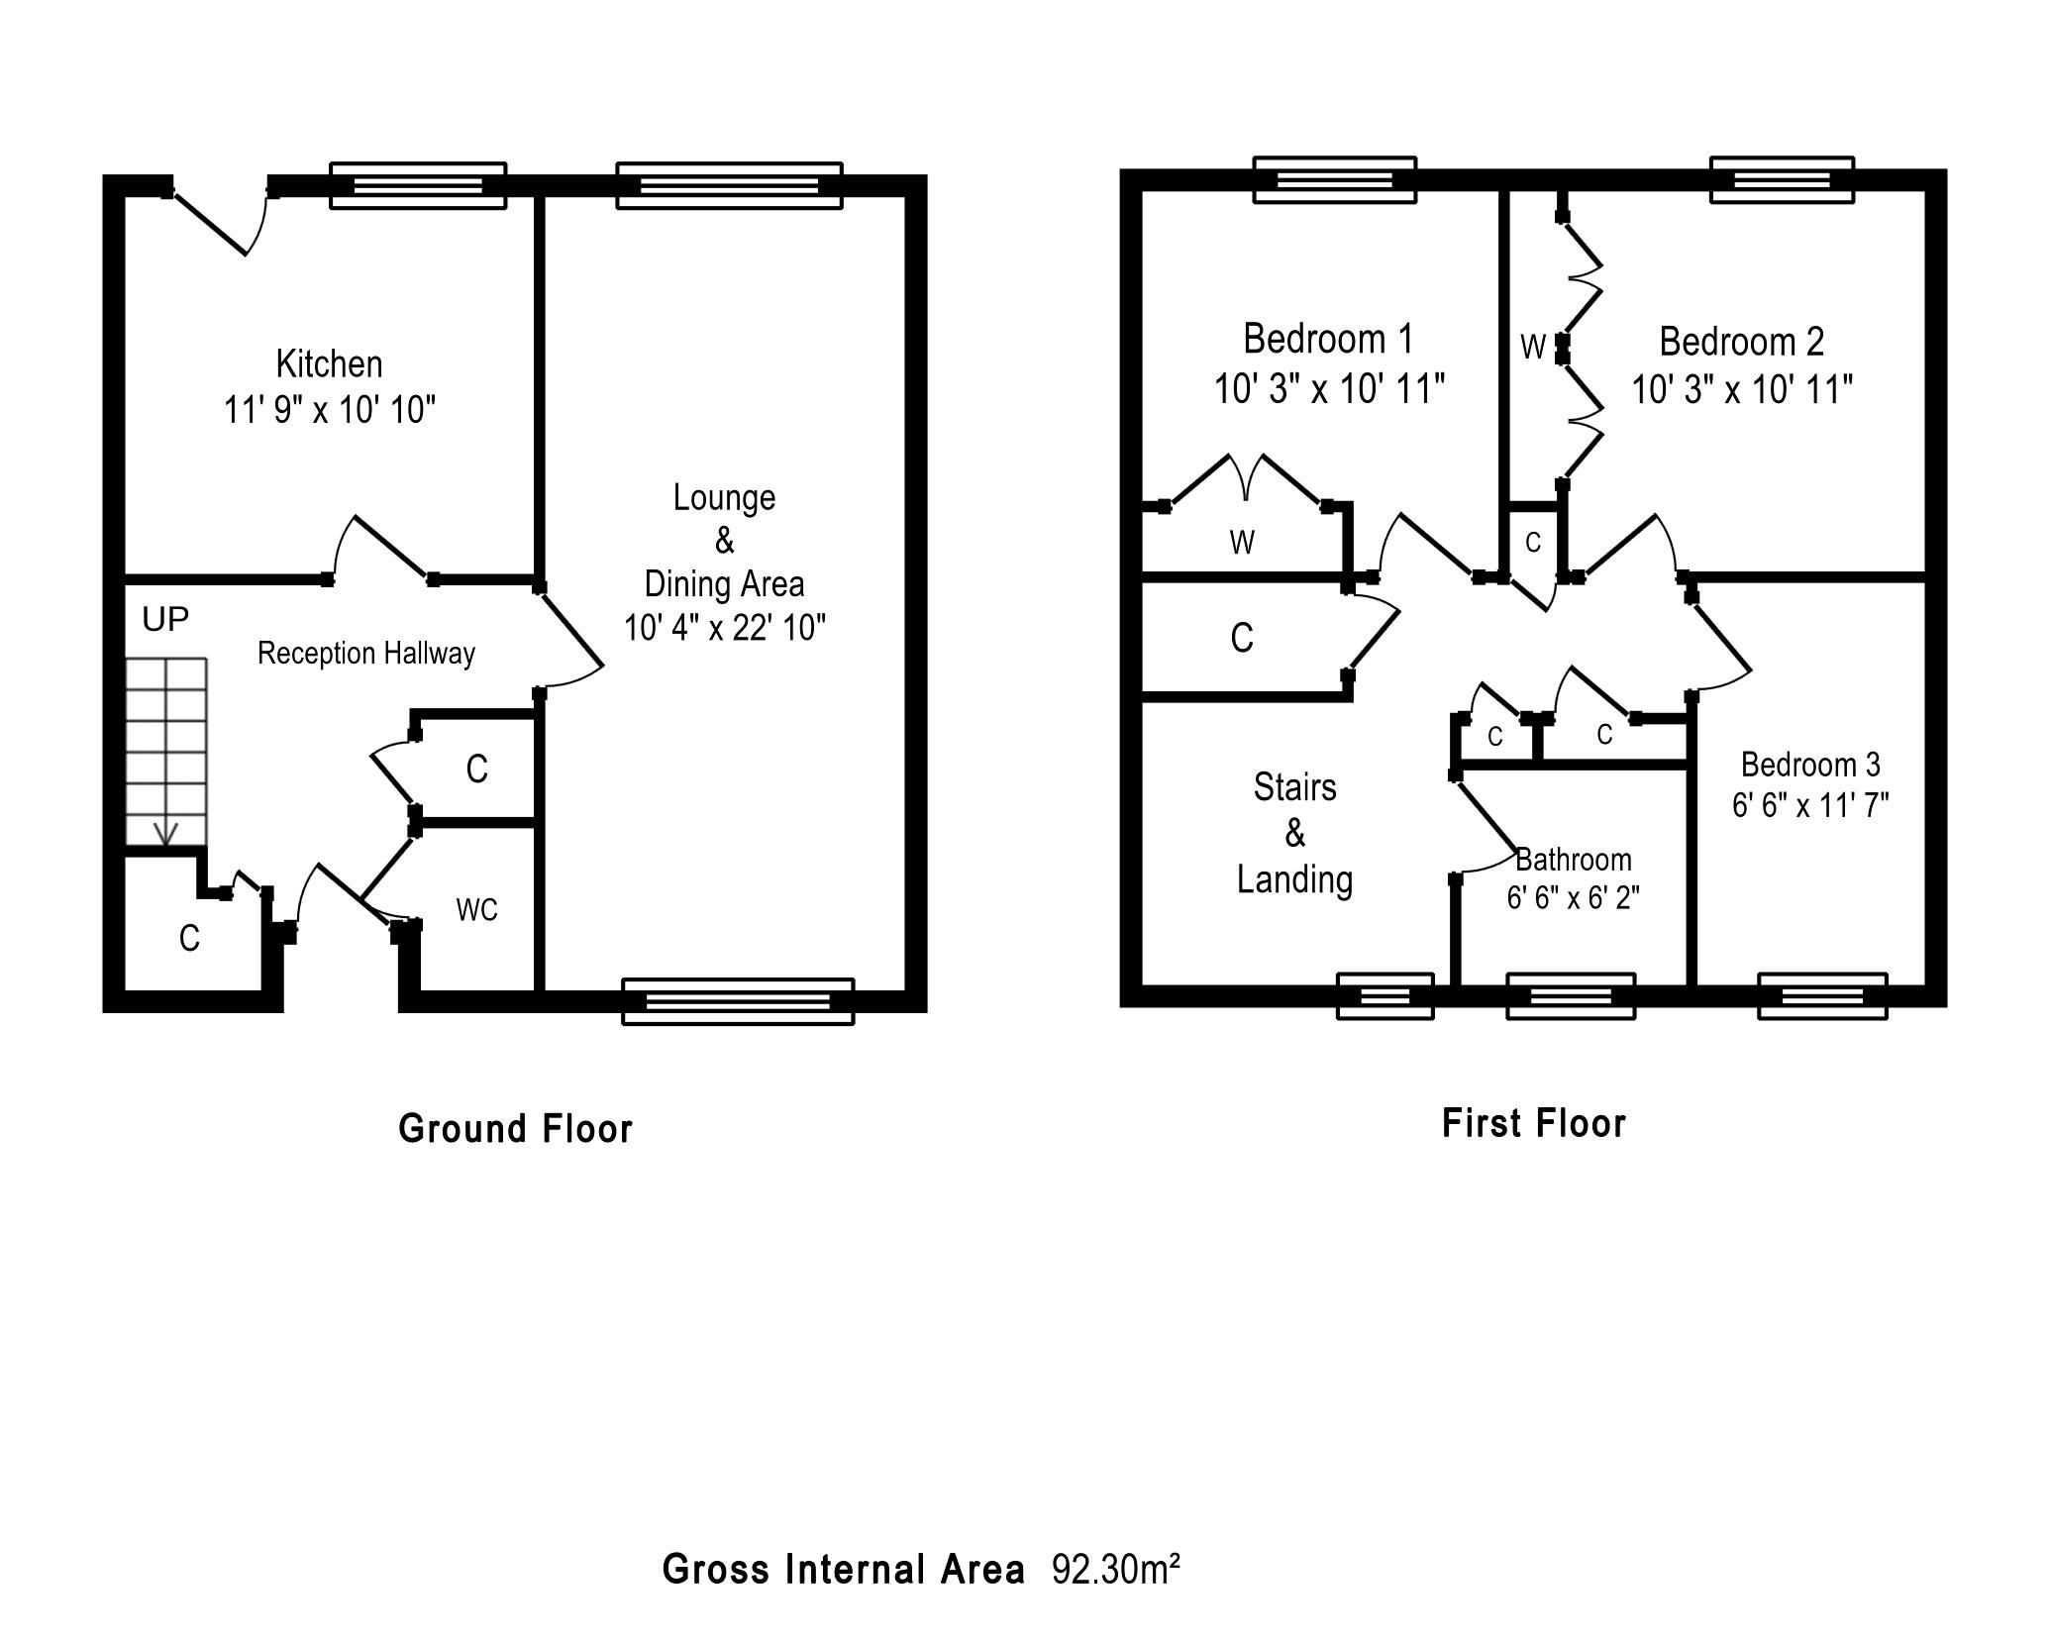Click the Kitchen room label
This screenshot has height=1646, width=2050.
(329, 363)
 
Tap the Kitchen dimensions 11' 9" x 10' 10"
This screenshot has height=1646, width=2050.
(330, 409)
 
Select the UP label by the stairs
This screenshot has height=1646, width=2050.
(165, 620)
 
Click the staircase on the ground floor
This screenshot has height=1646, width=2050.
(166, 752)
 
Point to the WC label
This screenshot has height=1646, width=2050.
(476, 910)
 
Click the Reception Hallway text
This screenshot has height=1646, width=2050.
(366, 654)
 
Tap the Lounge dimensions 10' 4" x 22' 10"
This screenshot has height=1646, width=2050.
(725, 628)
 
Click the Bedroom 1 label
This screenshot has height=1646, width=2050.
(1328, 340)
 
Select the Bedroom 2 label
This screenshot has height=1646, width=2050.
(1741, 342)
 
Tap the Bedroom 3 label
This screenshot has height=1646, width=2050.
(1810, 765)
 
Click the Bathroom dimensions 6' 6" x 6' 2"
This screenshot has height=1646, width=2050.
(1574, 898)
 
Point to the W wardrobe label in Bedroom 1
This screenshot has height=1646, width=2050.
(1242, 543)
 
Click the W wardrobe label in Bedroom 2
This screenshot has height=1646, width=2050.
(1533, 348)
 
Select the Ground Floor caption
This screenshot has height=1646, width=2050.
(515, 1129)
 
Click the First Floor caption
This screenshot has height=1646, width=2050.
(1534, 1124)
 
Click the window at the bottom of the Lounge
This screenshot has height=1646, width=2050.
(738, 1000)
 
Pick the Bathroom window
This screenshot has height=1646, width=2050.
(1571, 995)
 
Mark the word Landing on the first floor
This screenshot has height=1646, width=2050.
(1294, 879)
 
